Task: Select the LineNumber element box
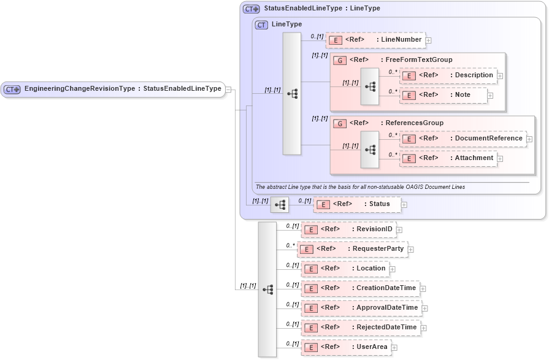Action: (x=375, y=40)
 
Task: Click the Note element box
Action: (x=443, y=95)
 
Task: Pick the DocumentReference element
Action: (x=463, y=139)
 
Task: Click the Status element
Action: (x=356, y=204)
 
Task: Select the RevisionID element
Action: (x=348, y=229)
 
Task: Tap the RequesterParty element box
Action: (x=352, y=249)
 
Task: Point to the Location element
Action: (x=345, y=269)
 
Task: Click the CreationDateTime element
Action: (x=360, y=288)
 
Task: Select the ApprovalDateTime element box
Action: (x=361, y=308)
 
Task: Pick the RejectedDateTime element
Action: (x=360, y=327)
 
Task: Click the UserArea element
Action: (x=345, y=347)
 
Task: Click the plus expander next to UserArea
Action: (x=394, y=348)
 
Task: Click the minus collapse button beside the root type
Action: (x=228, y=90)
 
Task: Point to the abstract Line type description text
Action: (x=360, y=186)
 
